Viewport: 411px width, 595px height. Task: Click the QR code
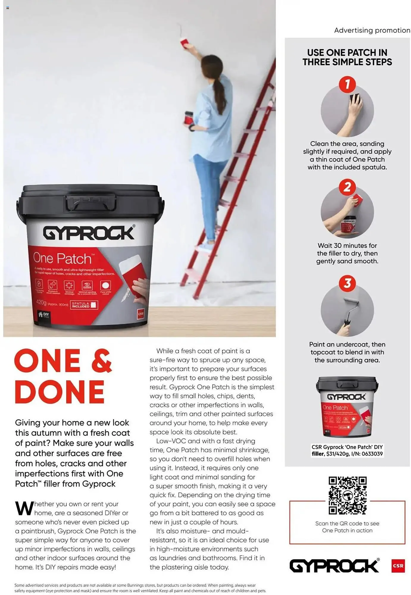click(347, 495)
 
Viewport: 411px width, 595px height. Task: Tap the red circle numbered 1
click(347, 84)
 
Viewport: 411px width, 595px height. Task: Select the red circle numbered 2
click(347, 187)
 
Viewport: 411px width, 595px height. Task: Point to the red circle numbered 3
click(347, 283)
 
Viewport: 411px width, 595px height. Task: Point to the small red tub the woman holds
click(189, 118)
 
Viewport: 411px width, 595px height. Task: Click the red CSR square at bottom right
click(398, 566)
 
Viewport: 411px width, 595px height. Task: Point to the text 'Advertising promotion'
click(372, 30)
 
